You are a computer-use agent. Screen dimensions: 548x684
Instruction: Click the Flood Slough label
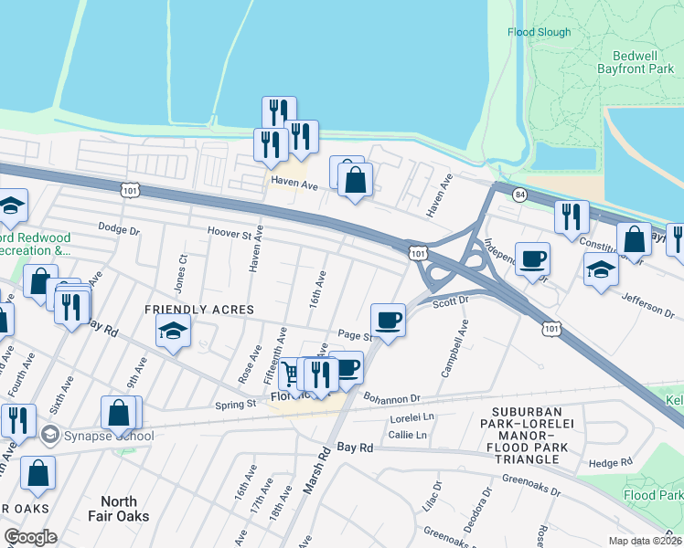click(539, 32)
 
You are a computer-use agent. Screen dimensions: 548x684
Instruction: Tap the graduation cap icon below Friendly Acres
click(172, 334)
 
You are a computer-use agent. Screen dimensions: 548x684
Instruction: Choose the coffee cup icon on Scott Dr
click(389, 321)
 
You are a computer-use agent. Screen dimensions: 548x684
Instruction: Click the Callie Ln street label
click(409, 435)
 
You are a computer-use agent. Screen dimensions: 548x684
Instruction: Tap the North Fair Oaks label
click(118, 509)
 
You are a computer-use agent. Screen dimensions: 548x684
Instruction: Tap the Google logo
click(30, 537)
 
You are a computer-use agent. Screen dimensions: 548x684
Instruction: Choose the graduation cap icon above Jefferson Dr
click(600, 270)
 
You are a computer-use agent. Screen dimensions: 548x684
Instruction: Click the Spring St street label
click(235, 405)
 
